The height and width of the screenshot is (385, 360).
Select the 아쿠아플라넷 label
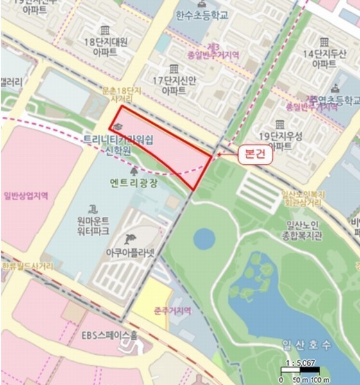tap(132, 253)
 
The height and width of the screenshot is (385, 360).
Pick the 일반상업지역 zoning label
tap(26, 194)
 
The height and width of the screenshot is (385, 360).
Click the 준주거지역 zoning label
tap(173, 311)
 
